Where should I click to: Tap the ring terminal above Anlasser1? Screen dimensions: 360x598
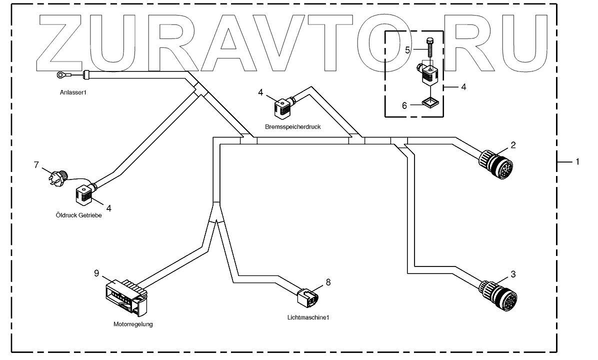[61, 75]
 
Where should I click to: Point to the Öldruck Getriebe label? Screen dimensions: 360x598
[82, 215]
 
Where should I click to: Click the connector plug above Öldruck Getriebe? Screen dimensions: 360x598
[83, 194]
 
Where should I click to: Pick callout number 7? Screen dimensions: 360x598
[36, 164]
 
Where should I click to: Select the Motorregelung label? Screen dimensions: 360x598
[132, 324]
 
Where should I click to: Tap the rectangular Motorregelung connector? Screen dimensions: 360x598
[125, 296]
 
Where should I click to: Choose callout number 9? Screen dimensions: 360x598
[97, 273]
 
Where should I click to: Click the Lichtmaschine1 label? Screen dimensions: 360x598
[308, 317]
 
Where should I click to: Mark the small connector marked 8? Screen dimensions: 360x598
[307, 297]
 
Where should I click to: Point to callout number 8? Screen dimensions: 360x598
[328, 282]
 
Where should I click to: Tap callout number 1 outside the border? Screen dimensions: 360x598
[577, 161]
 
